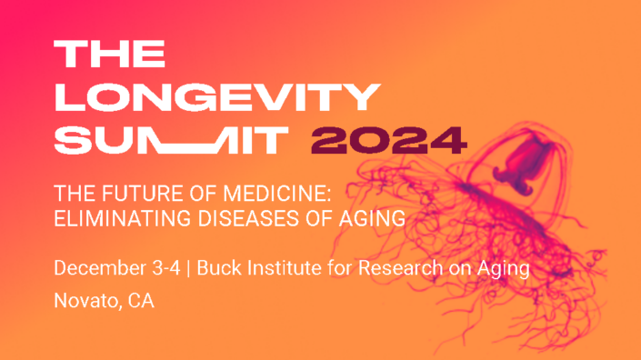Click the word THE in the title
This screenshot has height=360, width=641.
[110, 55]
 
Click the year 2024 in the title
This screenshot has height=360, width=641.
[389, 138]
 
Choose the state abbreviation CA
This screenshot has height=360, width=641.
[140, 301]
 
